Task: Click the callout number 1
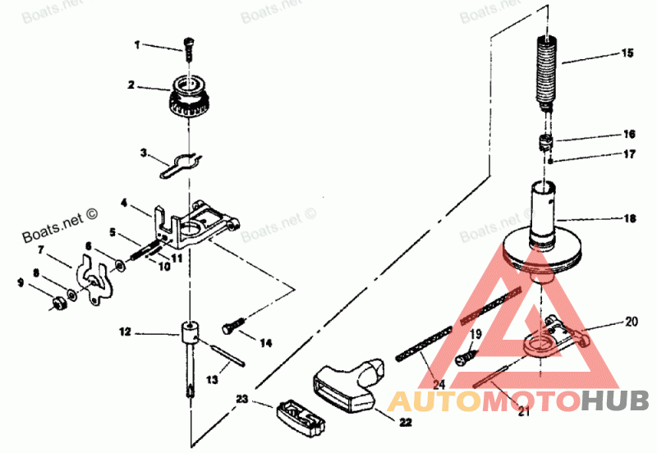(138, 44)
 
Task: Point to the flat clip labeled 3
(182, 163)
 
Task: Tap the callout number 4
(124, 202)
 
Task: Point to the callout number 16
(628, 134)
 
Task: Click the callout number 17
(628, 153)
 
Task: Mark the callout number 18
(629, 219)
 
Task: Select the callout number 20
(631, 321)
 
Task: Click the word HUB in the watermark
(615, 401)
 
